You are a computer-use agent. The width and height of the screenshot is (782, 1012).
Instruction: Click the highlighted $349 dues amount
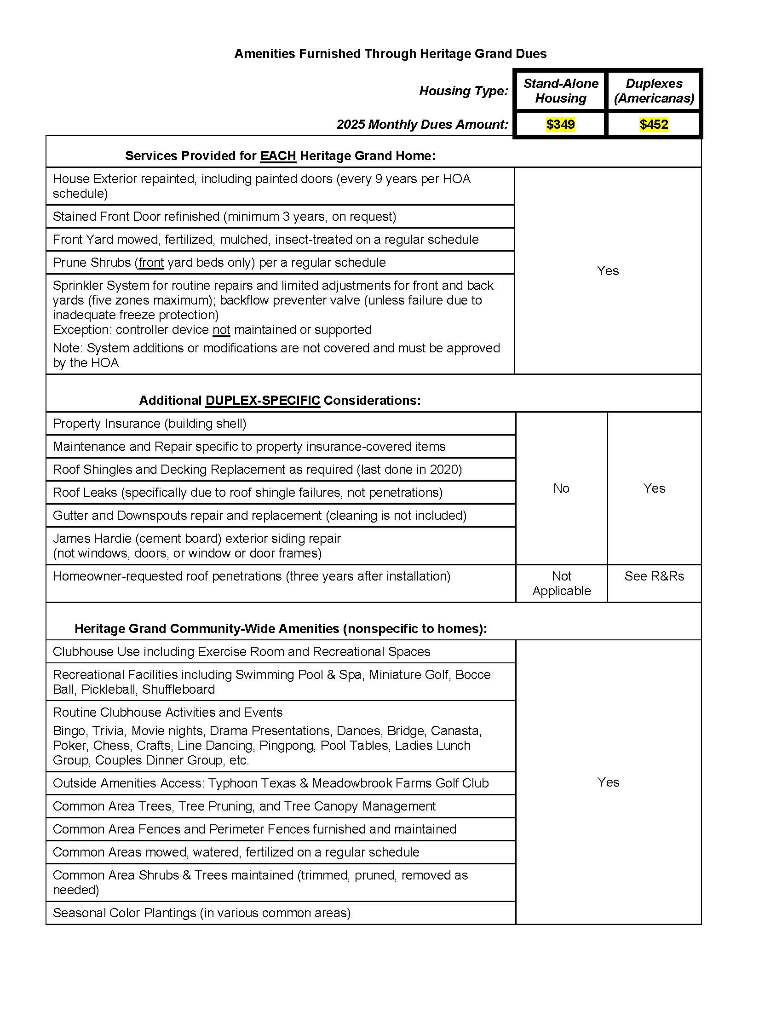(x=560, y=124)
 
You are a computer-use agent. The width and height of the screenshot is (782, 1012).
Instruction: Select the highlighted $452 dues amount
(x=654, y=124)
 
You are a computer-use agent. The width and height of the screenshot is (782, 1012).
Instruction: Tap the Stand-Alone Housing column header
(x=561, y=91)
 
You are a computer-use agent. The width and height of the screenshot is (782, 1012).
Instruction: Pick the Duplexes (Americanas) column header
(x=654, y=91)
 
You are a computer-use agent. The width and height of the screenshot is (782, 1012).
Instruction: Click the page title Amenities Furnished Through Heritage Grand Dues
(x=390, y=54)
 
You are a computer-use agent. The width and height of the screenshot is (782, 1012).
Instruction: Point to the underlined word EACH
(x=278, y=155)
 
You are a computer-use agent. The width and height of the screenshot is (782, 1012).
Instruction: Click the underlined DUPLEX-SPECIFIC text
(x=263, y=400)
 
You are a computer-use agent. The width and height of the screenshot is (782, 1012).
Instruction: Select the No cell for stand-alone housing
(x=561, y=488)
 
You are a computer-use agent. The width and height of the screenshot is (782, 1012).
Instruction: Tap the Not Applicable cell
(x=561, y=583)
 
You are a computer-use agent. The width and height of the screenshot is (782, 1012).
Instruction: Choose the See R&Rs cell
(x=654, y=576)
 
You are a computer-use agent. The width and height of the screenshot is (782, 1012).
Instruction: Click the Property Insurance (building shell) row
(x=149, y=424)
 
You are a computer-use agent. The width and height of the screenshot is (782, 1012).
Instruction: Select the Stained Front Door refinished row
(x=224, y=216)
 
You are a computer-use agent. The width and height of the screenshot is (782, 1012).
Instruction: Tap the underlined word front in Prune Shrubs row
(x=151, y=263)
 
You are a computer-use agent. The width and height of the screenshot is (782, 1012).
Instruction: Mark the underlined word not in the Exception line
(x=221, y=330)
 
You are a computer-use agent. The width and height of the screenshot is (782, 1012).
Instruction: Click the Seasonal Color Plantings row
(x=201, y=913)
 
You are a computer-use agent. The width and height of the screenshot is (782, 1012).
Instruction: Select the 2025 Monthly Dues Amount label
(x=422, y=124)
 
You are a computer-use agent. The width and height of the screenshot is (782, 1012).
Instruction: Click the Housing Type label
(x=463, y=91)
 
